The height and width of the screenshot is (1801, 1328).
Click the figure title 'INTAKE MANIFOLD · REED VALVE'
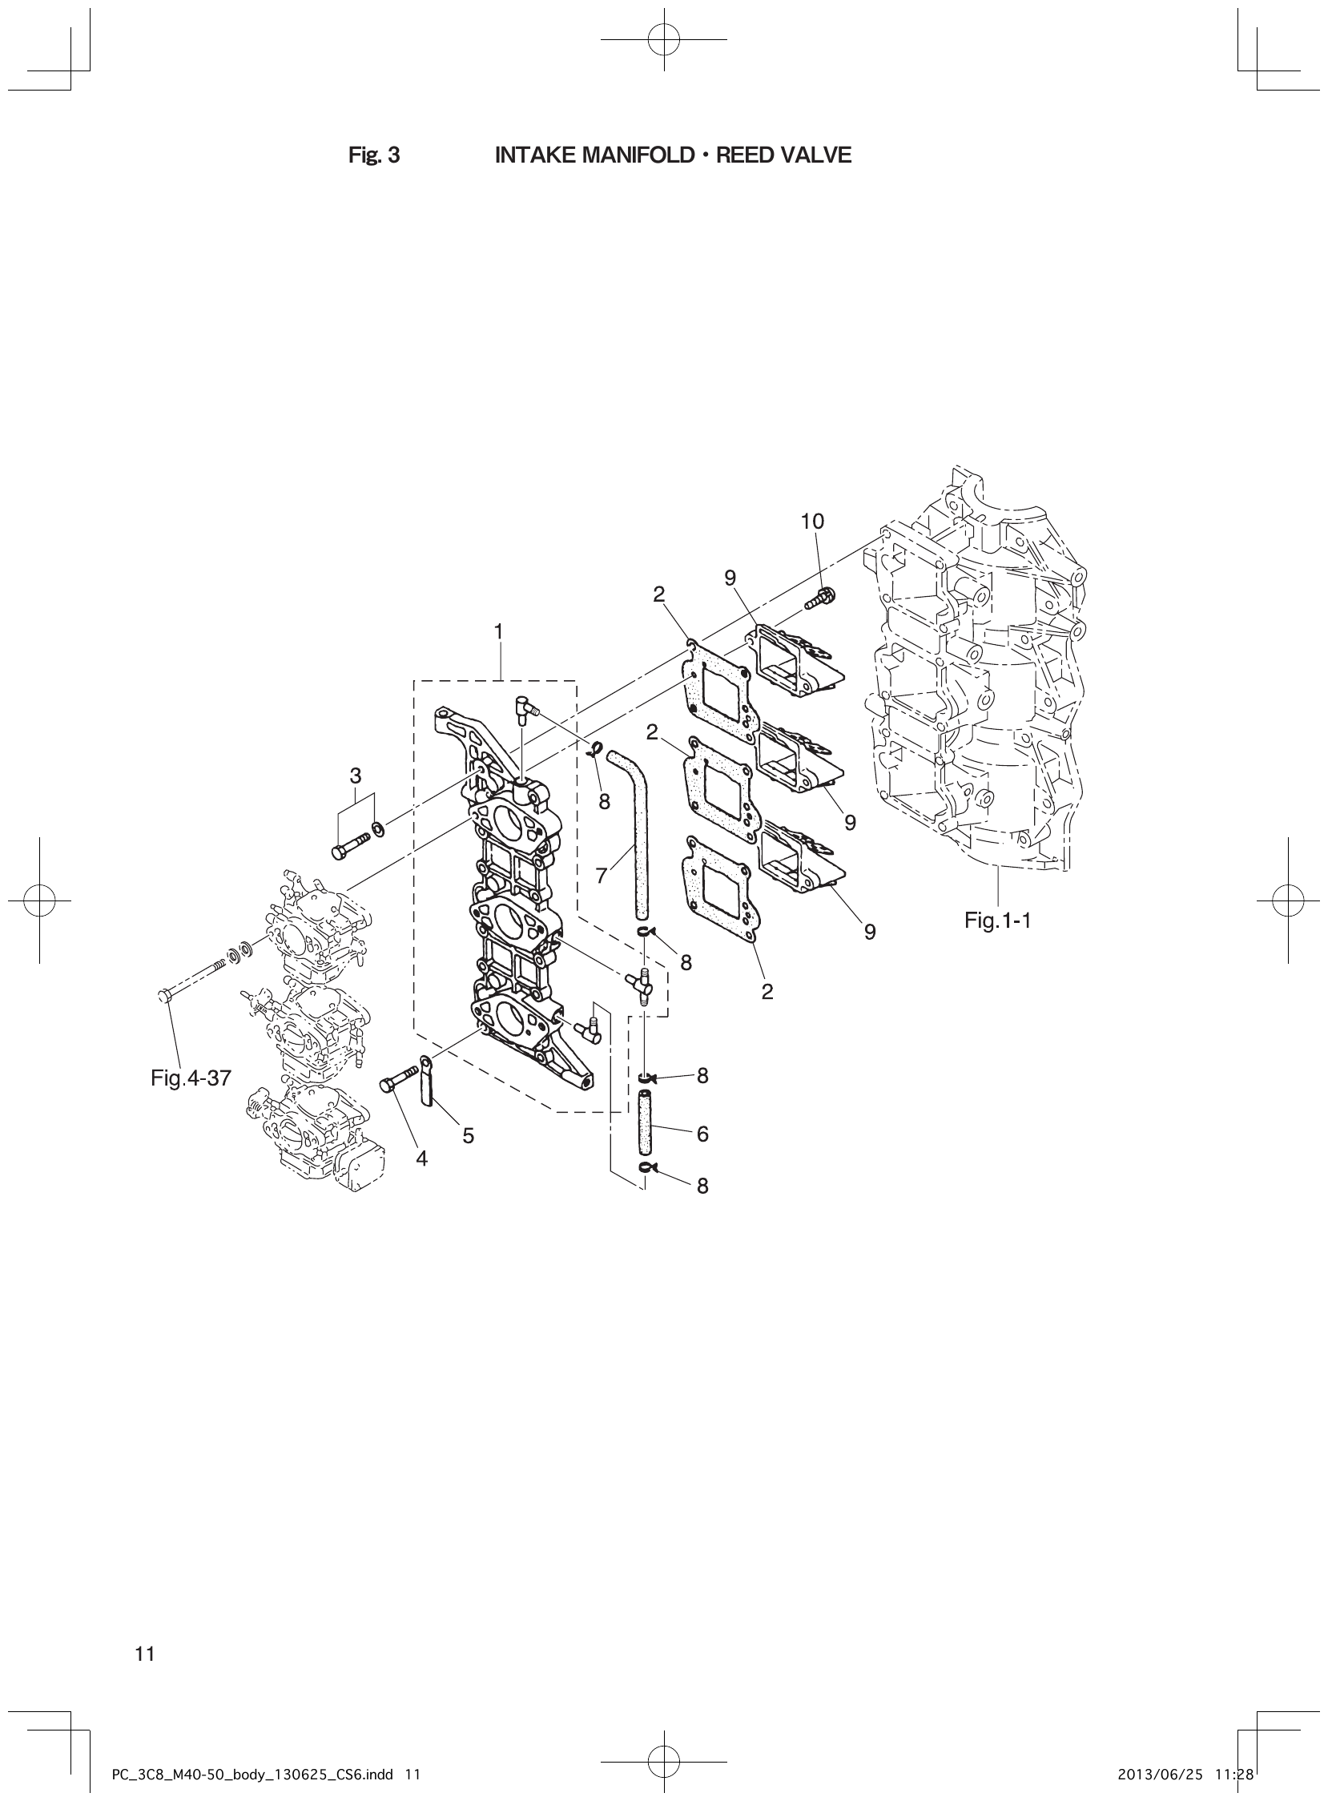click(673, 155)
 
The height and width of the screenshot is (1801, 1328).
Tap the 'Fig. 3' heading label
click(374, 155)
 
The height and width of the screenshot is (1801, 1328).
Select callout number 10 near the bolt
click(812, 521)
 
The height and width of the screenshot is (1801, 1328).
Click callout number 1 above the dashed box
click(498, 631)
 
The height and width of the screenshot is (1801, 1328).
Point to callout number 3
click(356, 776)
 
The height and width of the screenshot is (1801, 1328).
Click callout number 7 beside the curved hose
click(602, 876)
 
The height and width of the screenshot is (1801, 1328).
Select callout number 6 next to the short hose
click(702, 1134)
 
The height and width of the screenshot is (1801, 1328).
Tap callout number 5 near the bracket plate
click(468, 1135)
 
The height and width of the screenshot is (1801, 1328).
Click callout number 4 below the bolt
click(422, 1158)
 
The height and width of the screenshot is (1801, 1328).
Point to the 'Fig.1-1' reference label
click(998, 921)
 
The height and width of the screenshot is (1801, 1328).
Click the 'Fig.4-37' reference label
click(191, 1078)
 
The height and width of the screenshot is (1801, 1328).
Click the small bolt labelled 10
click(821, 598)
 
